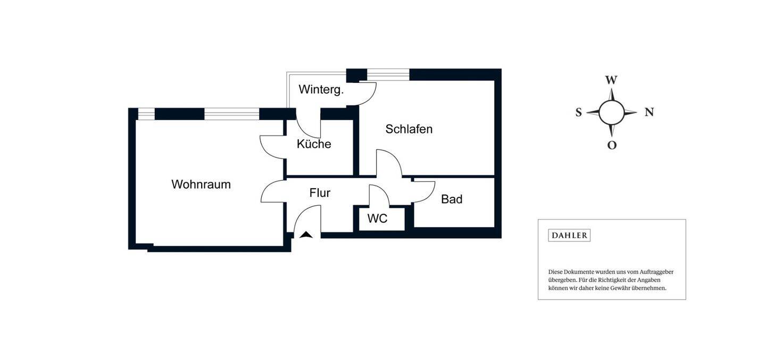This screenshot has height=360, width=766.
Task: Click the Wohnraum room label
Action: [201, 185]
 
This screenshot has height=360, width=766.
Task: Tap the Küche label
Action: [314, 144]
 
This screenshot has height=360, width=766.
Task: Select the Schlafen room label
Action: [409, 129]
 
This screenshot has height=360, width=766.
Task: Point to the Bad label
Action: [452, 199]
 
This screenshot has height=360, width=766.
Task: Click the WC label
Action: [377, 219]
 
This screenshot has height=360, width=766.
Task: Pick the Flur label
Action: [320, 193]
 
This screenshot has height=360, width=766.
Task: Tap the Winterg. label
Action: [321, 89]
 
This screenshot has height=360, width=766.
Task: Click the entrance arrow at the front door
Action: [306, 235]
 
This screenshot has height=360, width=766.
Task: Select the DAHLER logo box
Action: [569, 236]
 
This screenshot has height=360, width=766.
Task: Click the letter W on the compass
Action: [611, 80]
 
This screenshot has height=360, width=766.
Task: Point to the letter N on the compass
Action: [649, 112]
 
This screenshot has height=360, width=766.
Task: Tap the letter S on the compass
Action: [578, 113]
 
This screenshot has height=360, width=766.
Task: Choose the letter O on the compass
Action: [612, 145]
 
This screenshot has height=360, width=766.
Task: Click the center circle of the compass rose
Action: [612, 112]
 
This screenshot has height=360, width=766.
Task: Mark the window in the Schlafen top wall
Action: [388, 75]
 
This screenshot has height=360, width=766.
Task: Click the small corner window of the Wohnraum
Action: [146, 114]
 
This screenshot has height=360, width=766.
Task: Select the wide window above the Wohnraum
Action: [231, 114]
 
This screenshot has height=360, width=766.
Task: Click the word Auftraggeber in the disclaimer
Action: [655, 272]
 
